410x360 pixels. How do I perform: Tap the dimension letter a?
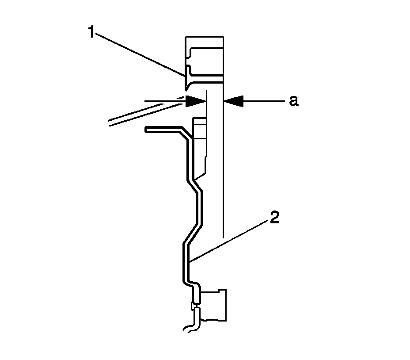[293, 101]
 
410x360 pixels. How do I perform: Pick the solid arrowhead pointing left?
[234, 101]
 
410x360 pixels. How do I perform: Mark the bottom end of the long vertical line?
[224, 237]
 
